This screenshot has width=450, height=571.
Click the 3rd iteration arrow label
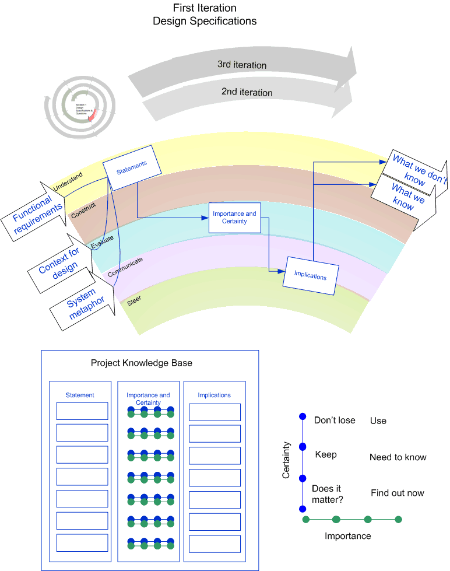(242, 65)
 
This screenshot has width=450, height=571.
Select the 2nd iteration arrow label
(247, 92)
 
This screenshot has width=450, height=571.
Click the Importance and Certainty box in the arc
(234, 218)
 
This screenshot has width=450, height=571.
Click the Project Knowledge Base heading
(142, 363)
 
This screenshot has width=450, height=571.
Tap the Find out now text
(398, 493)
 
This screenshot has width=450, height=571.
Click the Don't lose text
(335, 420)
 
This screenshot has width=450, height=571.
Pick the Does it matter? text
(327, 494)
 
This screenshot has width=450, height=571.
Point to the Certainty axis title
(286, 460)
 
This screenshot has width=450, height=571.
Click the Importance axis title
(348, 536)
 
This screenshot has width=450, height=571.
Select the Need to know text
(398, 457)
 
